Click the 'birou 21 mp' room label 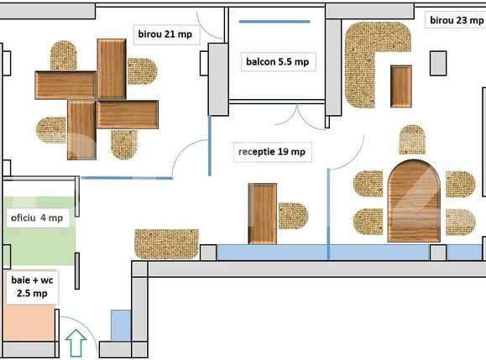click(x=166, y=34)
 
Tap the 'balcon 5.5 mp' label click(x=276, y=61)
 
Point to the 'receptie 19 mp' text click(x=271, y=152)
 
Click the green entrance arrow click(x=76, y=343)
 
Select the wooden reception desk click(x=263, y=213)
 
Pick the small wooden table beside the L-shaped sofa click(x=401, y=86)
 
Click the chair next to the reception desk click(x=293, y=215)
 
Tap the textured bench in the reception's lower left click(x=166, y=243)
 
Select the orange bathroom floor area click(x=29, y=323)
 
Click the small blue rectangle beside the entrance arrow click(x=121, y=326)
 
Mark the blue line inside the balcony click(x=276, y=23)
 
